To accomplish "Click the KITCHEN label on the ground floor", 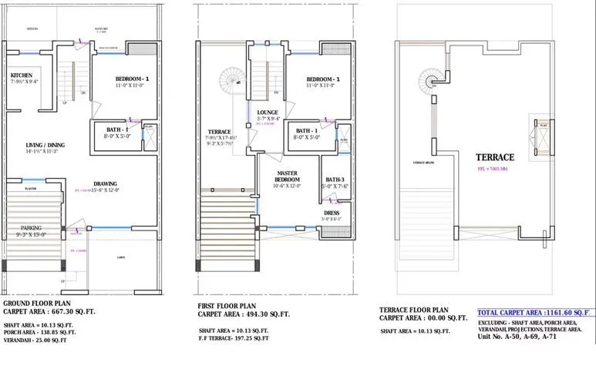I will coord(22,75).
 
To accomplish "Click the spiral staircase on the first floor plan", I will coord(231,79).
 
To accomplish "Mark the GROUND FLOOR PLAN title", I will coord(41,304).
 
